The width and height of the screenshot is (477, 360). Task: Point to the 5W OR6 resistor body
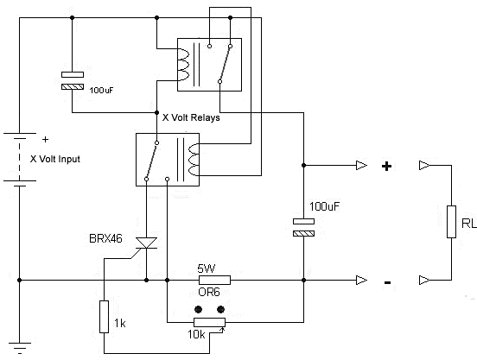coord(214,280)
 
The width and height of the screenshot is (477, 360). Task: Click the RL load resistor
coord(450,222)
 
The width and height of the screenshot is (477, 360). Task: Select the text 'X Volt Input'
coord(60,159)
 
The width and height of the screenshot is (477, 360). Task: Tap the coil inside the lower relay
coord(193,159)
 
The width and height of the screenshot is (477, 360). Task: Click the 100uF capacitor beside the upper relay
coord(73,80)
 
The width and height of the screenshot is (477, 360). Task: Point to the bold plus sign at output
coord(387,167)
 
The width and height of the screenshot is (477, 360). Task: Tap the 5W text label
coord(207,267)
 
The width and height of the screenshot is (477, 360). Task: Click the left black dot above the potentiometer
coord(199,308)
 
